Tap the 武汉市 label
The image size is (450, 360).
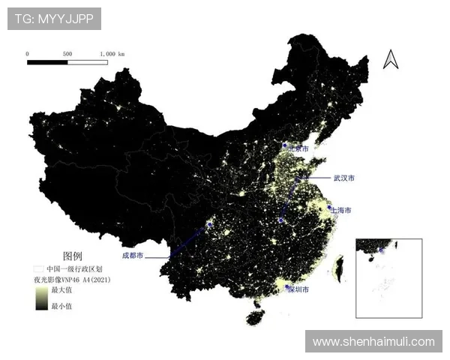pyautogui.click(x=344, y=178)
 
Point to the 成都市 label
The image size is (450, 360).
pyautogui.click(x=133, y=256)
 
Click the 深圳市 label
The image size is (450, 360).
pyautogui.click(x=298, y=289)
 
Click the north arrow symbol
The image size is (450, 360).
pyautogui.click(x=390, y=59)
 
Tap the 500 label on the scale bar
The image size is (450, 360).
pyautogui.click(x=67, y=54)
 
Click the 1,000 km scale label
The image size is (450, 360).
pyautogui.click(x=112, y=54)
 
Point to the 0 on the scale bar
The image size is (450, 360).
pyautogui.click(x=27, y=54)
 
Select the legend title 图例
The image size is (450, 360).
pyautogui.click(x=72, y=255)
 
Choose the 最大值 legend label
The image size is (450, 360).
pyautogui.click(x=61, y=289)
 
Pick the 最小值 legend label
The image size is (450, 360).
pyautogui.click(x=61, y=306)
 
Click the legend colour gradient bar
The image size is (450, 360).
pyautogui.click(x=39, y=298)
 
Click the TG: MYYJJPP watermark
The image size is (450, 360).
pyautogui.click(x=54, y=19)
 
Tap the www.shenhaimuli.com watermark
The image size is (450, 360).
pyautogui.click(x=373, y=341)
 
